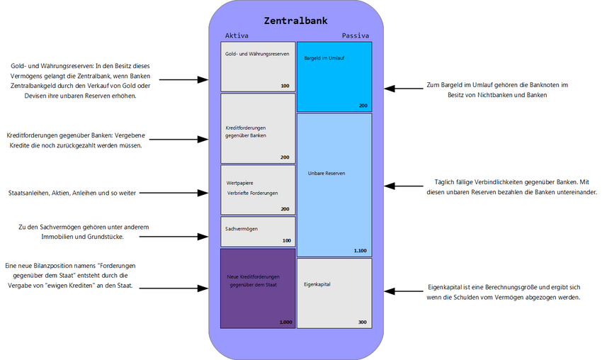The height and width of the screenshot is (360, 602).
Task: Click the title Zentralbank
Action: (295, 21)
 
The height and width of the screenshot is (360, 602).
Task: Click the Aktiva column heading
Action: (237, 35)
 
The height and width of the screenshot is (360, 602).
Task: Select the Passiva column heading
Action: (356, 35)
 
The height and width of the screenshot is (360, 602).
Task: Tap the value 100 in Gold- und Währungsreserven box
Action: (285, 86)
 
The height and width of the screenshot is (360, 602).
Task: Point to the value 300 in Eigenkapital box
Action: (363, 322)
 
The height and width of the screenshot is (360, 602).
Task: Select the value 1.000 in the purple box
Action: (285, 322)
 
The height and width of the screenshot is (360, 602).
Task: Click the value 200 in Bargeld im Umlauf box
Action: (363, 106)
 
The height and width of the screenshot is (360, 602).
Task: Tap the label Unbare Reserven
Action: (326, 173)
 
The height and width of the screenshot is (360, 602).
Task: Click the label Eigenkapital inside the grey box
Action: (317, 284)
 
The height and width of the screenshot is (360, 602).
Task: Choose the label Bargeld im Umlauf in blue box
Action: (324, 57)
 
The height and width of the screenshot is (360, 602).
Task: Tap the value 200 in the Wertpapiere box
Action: (285, 209)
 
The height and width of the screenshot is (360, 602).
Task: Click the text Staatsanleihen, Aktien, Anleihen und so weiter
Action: (72, 193)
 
